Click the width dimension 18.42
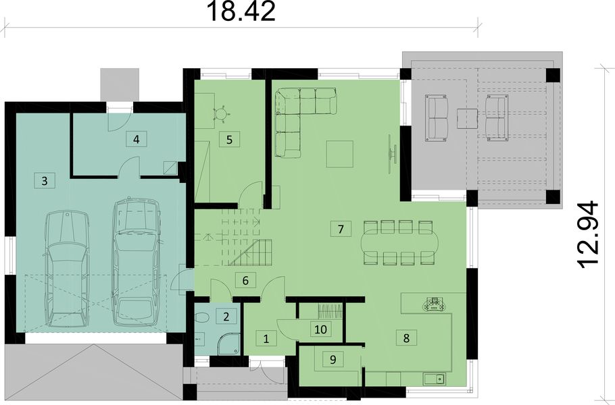[241, 11]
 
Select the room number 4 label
[137, 139]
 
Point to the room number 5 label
[229, 140]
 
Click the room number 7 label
[342, 228]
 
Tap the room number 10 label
[321, 329]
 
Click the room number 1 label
[266, 337]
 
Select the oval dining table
[399, 242]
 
